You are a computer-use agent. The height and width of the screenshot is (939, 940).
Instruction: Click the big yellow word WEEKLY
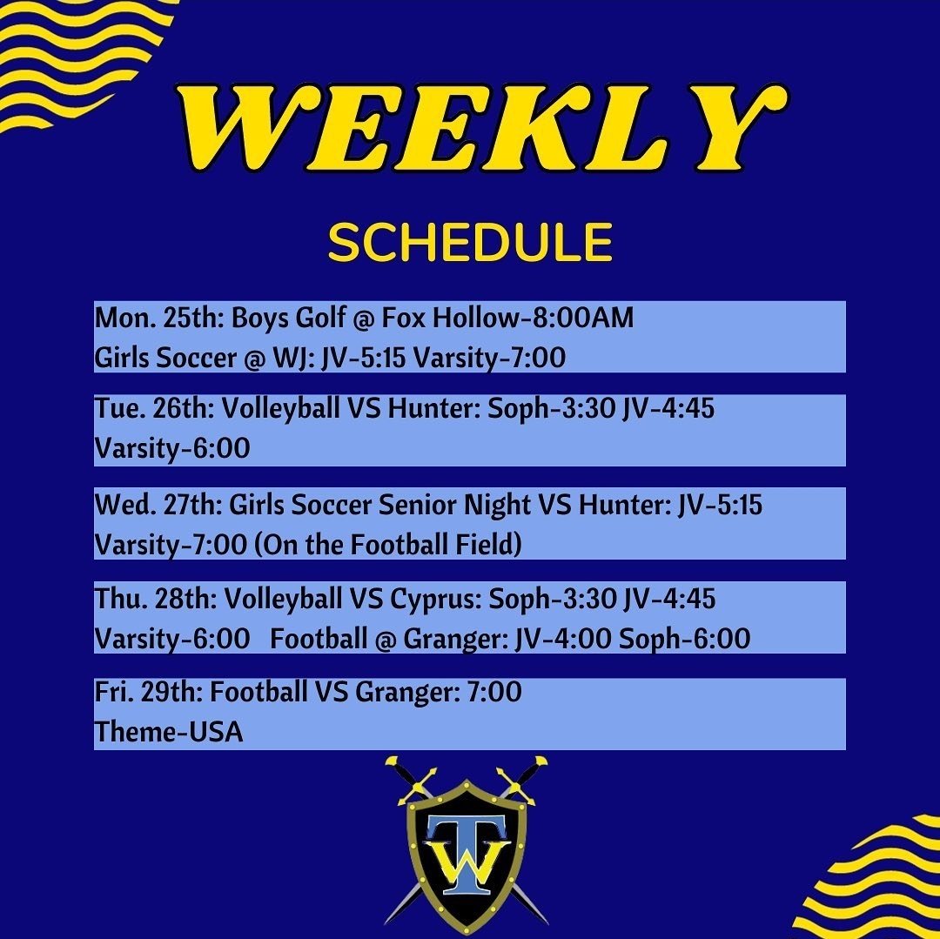[470, 128]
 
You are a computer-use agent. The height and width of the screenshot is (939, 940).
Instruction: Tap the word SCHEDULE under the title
[470, 243]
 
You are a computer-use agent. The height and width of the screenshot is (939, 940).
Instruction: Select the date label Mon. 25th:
[160, 319]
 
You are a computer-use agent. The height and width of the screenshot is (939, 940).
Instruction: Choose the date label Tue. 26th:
[156, 409]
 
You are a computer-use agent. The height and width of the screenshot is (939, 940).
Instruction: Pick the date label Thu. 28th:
[157, 600]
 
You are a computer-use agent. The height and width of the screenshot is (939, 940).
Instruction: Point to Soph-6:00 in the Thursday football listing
[684, 640]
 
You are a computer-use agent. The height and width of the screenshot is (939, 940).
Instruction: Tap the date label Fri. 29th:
[150, 693]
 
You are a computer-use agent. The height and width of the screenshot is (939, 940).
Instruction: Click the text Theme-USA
[169, 733]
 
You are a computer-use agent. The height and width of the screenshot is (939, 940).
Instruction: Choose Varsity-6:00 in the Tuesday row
[172, 449]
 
